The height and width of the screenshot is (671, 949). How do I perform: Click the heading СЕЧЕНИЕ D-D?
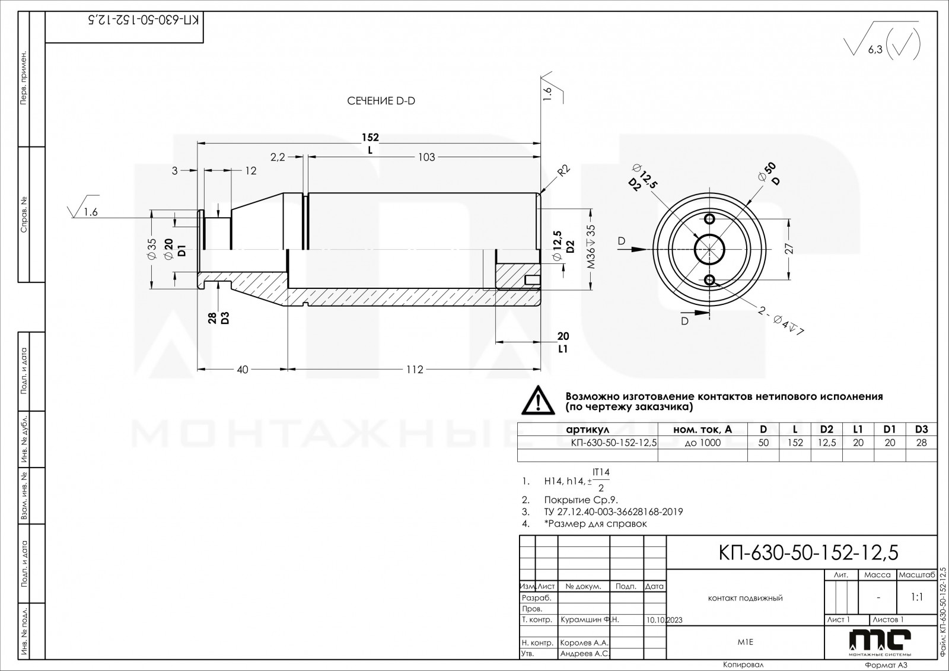coord(381,101)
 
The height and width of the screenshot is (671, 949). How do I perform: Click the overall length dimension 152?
coord(370,137)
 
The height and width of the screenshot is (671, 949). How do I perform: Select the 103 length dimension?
coord(426,157)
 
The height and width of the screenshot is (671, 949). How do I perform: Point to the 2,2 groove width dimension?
coord(278,157)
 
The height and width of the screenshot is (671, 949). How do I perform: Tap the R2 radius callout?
coord(564,170)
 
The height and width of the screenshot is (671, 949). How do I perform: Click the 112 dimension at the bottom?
coord(415,370)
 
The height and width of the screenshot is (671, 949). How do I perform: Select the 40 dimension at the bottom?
coord(243,370)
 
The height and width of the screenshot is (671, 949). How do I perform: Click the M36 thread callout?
coord(591,247)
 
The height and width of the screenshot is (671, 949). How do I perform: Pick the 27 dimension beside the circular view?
coord(789,249)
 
